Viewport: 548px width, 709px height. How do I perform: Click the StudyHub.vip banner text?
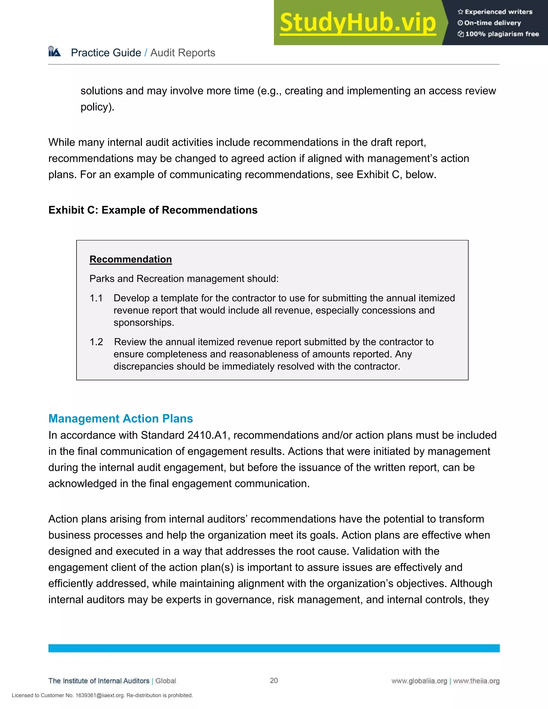(x=357, y=23)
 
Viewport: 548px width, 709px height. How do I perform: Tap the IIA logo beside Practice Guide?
(x=55, y=52)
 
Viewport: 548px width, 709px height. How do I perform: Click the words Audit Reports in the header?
(x=183, y=53)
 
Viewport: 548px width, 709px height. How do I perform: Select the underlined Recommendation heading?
(x=131, y=259)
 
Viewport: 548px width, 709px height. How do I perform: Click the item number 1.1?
(x=96, y=298)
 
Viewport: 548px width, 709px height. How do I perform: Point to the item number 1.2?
(x=96, y=342)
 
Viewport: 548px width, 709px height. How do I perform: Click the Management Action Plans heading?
(x=120, y=418)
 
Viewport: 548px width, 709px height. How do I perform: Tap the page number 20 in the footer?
(x=274, y=680)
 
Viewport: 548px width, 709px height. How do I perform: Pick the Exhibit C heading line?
(x=153, y=210)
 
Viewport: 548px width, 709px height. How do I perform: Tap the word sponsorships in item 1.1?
(x=144, y=323)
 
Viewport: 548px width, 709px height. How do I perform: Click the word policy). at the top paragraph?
(x=97, y=107)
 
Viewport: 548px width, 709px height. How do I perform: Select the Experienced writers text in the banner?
(x=498, y=12)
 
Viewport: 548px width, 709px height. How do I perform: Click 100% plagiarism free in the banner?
(x=502, y=34)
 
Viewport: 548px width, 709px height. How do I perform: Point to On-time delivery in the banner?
(x=493, y=23)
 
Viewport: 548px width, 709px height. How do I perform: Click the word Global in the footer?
(x=166, y=681)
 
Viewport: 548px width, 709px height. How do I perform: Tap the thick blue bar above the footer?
(x=274, y=648)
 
